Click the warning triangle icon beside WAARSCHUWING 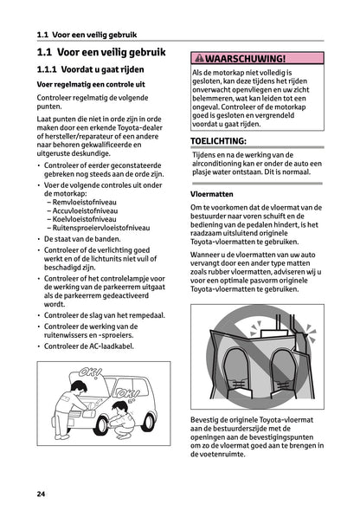tap(199, 58)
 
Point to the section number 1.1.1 tap(48, 68)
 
